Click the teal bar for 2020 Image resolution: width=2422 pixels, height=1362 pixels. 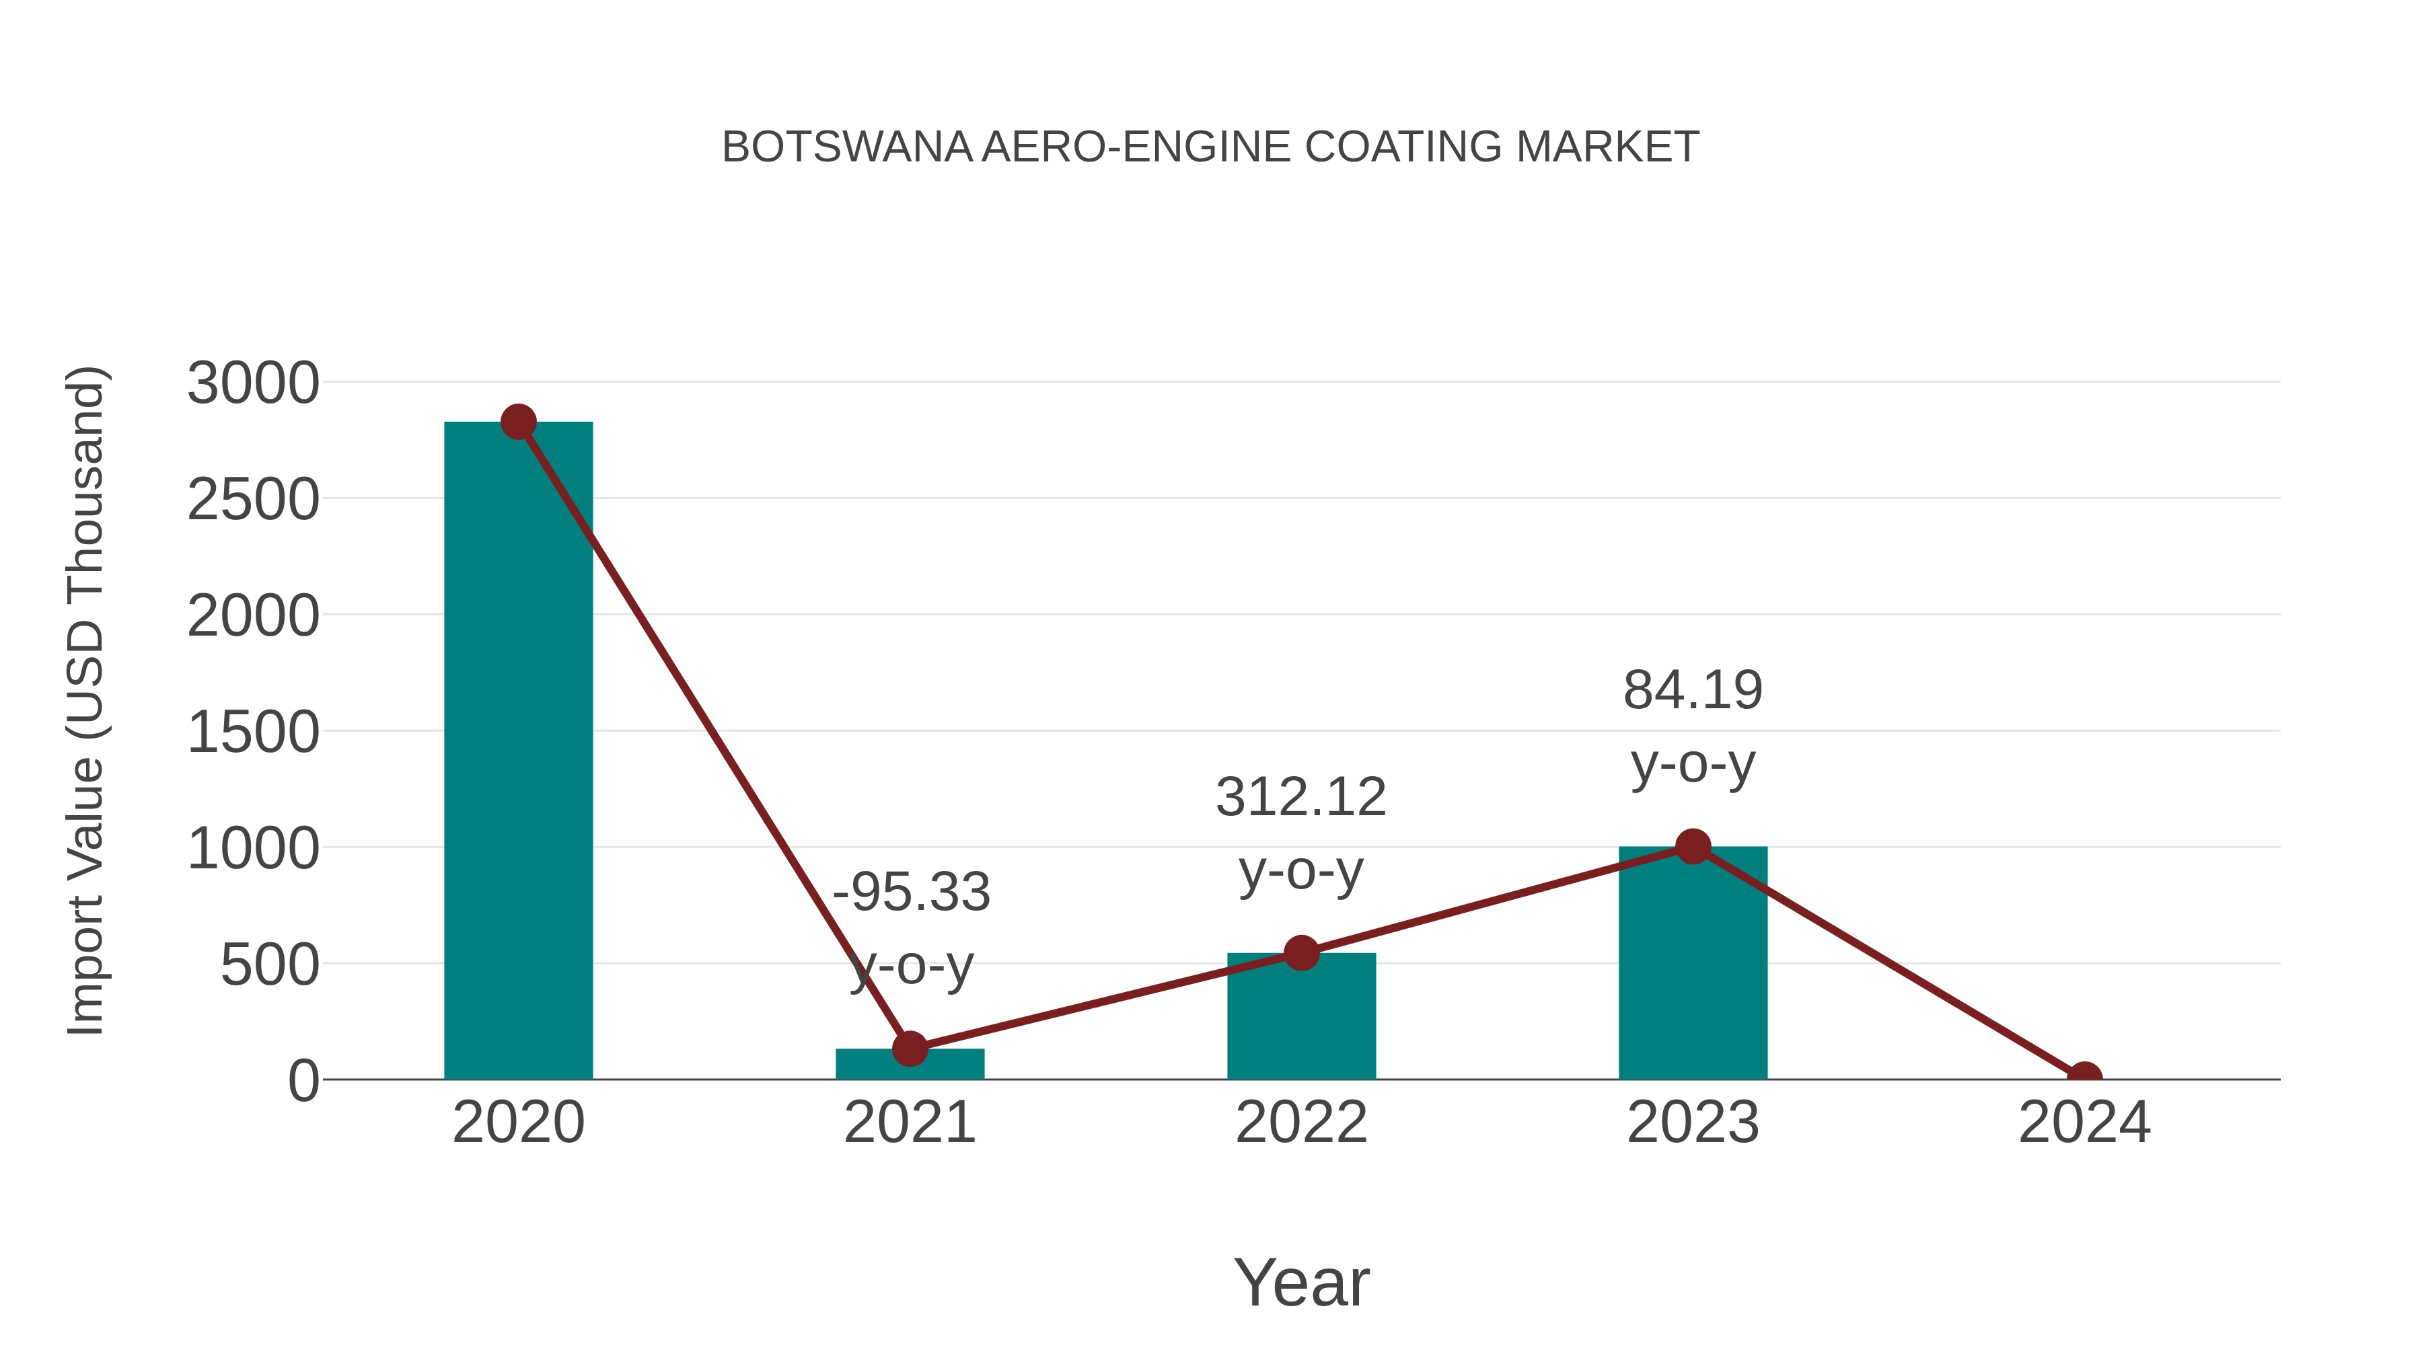click(x=518, y=752)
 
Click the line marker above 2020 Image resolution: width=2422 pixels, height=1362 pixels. click(x=518, y=422)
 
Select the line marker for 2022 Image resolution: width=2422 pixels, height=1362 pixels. click(x=1301, y=953)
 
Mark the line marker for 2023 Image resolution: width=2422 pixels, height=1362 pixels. click(x=1693, y=847)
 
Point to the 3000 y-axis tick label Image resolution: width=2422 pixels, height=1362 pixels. click(x=253, y=383)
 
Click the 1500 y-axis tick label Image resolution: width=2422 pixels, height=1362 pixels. click(x=253, y=732)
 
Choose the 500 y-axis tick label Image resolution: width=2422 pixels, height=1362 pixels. click(x=270, y=965)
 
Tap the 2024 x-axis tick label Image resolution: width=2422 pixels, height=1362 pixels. click(x=2084, y=1123)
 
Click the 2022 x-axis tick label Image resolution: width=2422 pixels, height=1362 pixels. click(x=1301, y=1123)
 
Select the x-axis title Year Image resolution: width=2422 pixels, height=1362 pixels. click(x=1301, y=1283)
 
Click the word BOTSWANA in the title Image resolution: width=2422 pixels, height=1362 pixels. click(x=847, y=147)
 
